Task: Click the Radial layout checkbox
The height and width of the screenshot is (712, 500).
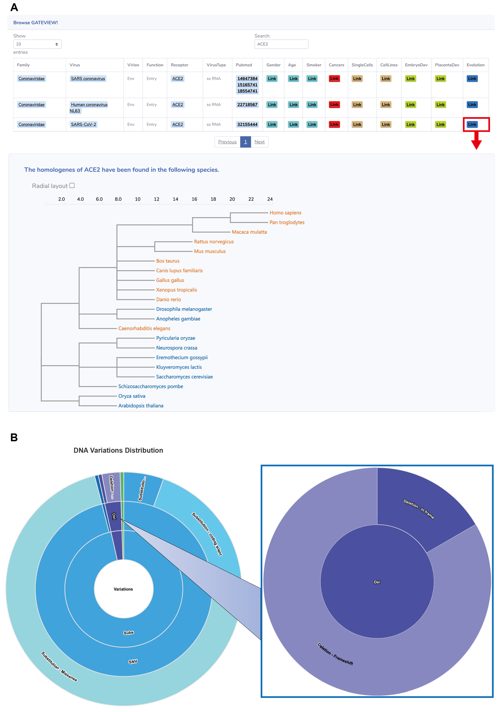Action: (x=72, y=185)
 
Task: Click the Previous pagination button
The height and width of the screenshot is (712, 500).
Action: (x=227, y=142)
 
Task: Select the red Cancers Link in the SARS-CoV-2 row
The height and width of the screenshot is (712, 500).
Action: (x=334, y=124)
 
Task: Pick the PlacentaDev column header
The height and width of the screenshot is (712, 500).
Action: (x=447, y=65)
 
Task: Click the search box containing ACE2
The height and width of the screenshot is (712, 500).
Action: (x=281, y=44)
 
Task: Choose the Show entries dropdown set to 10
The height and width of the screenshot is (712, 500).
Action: (x=37, y=44)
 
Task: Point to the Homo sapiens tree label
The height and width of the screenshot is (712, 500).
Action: (x=285, y=213)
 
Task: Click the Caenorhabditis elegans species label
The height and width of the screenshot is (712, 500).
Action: (x=144, y=328)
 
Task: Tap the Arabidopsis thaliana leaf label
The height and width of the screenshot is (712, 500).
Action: (x=141, y=406)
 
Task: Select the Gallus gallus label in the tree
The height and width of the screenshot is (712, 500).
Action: (x=170, y=280)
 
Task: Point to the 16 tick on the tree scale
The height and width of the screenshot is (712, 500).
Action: (x=194, y=199)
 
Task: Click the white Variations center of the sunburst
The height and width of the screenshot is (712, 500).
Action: (x=123, y=589)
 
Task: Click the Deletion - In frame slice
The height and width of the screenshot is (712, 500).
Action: (x=418, y=509)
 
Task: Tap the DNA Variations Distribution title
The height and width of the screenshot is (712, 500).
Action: (x=118, y=450)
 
